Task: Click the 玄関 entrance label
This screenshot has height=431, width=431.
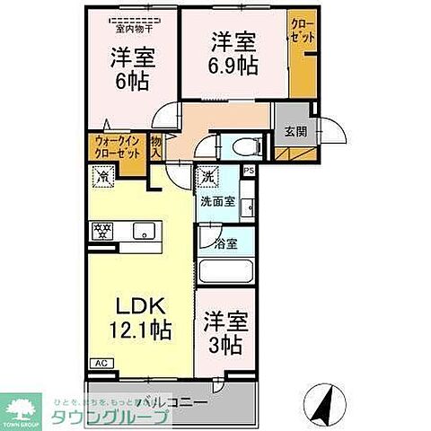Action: [x=295, y=131]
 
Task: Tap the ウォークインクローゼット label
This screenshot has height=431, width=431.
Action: [x=117, y=147]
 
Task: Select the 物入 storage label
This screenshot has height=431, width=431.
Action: [x=156, y=147]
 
